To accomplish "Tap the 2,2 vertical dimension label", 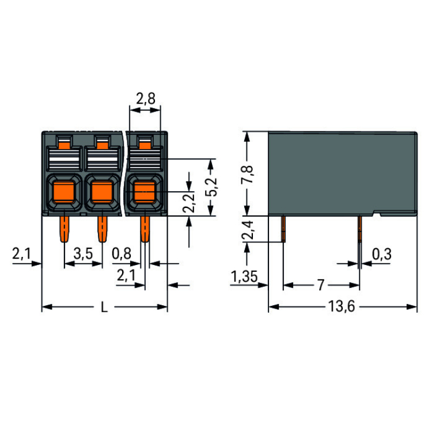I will coord(190,202).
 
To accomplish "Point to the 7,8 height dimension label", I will coord(247,173).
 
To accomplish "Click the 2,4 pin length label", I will coord(247,229).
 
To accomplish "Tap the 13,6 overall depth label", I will coord(342,307).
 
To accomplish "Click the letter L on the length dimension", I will coord(104,307).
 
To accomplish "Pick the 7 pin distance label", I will coord(321,285).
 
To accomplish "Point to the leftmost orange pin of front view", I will coord(65,229).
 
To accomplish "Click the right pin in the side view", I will coord(359,229).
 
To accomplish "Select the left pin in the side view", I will coord(283,229).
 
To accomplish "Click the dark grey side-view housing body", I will coord(342,173).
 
